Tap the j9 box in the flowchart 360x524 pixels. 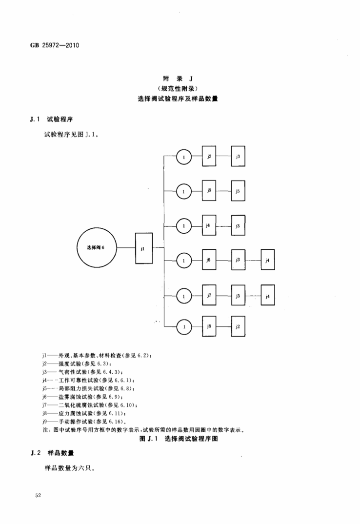pos(209,191)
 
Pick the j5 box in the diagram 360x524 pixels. pos(238,191)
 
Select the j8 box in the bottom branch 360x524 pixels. pos(209,326)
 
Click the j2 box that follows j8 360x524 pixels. pos(238,326)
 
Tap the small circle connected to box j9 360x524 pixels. pos(183,191)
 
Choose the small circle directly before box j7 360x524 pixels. pos(183,296)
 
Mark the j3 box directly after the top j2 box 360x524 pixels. pos(238,157)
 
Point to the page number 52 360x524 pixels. pos(39,496)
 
